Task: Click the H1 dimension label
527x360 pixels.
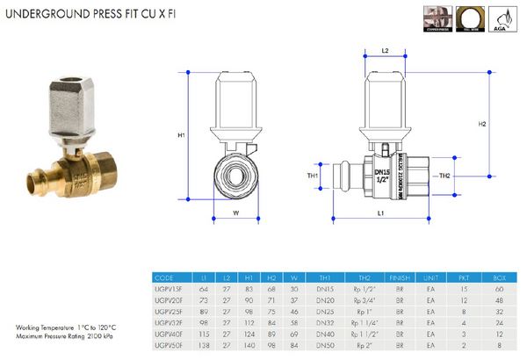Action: coord(181,135)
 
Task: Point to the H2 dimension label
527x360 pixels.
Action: coord(482,125)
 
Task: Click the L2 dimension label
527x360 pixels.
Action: coord(386,52)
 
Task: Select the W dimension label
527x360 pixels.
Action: coord(237,211)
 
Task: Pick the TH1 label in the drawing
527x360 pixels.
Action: coord(312,176)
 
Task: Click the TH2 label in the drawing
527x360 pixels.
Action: coord(445,176)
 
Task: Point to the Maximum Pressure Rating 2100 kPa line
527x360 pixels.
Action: coord(63,335)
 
